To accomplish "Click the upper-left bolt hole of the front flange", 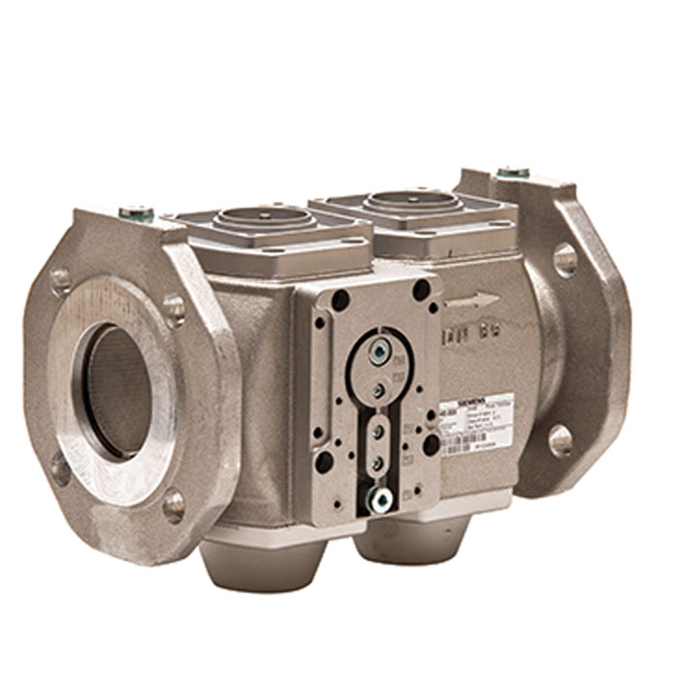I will point(60,280).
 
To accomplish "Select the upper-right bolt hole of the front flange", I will point(174,309).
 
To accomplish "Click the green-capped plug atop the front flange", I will point(134,210).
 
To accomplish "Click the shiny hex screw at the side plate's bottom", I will point(380,497).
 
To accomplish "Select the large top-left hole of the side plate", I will point(340,301).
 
